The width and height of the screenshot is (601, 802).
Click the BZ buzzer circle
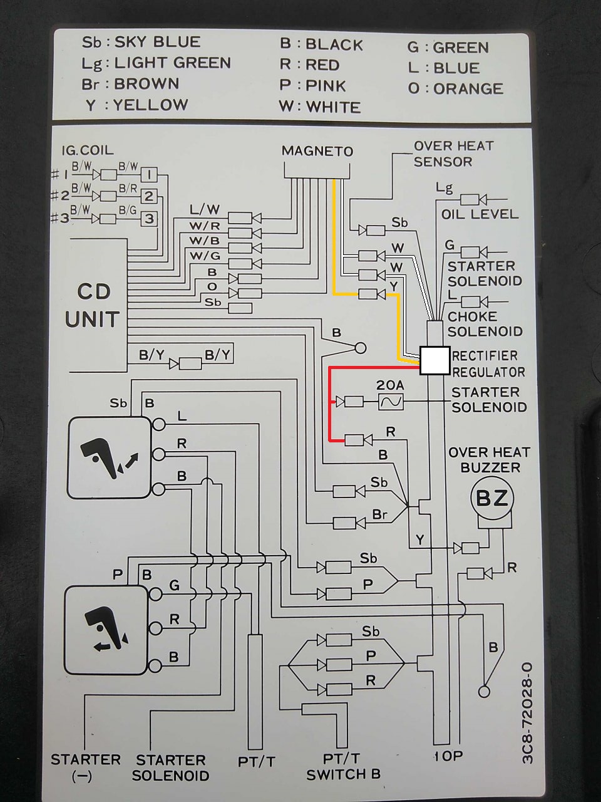pos(492,499)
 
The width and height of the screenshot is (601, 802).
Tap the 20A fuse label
pos(389,385)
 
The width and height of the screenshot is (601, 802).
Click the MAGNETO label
pos(317,151)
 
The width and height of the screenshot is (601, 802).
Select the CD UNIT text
pos(93,305)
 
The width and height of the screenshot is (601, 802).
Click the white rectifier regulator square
pos(434,361)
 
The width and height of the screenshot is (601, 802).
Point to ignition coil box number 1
pos(149,174)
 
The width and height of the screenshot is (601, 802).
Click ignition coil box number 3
pos(149,219)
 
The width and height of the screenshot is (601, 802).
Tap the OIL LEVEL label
pos(480,214)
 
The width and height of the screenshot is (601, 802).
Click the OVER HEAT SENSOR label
pos(453,154)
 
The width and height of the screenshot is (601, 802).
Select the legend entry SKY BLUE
pos(158,42)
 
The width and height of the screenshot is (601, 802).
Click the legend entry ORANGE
pos(468,88)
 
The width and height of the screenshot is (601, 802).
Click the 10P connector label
pos(448,756)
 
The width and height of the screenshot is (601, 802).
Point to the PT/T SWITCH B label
pos(343,766)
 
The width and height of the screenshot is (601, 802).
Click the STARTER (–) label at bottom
pos(85,767)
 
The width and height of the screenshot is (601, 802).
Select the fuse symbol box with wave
pos(391,402)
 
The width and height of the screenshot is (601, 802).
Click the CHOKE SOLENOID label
pos(485,324)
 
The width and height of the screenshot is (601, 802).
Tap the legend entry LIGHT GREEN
pos(172,63)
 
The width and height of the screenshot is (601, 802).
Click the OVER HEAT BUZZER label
pos(489,459)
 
